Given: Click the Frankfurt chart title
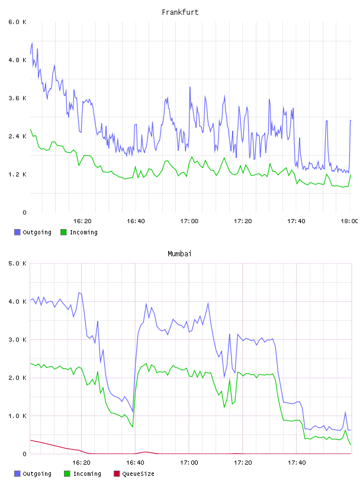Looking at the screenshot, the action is (180, 12).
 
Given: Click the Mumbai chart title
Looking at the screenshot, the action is (179, 253).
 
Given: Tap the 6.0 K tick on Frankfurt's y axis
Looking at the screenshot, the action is (17, 22).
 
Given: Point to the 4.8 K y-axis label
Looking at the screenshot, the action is (17, 60).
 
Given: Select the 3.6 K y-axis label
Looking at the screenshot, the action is (17, 98).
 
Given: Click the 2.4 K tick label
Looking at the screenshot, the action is (17, 136).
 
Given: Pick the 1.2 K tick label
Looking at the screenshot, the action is (17, 175).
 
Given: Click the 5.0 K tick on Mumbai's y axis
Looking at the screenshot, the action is (17, 263).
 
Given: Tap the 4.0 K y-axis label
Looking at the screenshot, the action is (17, 301).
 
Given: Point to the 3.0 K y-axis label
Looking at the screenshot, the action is (17, 340).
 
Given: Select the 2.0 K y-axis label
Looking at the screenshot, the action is (17, 378).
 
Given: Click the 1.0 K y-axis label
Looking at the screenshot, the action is (17, 416).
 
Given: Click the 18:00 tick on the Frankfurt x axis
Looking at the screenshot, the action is (349, 221).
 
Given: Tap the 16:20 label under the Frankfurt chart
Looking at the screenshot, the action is (82, 221).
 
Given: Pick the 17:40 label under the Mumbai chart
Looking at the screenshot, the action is (297, 463).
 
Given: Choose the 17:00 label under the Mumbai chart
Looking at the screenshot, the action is (189, 463).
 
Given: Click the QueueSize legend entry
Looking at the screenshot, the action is (134, 474).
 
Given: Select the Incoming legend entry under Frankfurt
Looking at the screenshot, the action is (79, 232).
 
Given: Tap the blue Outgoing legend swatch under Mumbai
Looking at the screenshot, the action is (17, 474).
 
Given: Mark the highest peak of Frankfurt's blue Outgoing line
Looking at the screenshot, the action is (32, 43).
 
